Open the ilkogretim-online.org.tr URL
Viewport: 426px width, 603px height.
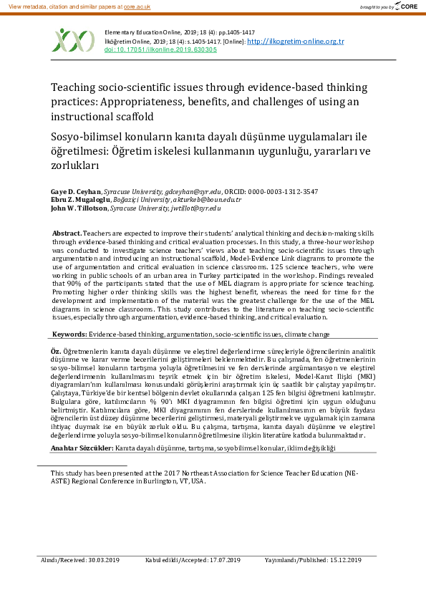(295, 42)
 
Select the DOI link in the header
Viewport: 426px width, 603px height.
(161, 50)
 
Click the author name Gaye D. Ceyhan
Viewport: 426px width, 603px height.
(75, 192)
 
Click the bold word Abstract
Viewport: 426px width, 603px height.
(67, 234)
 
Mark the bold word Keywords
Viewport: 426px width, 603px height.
(69, 334)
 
